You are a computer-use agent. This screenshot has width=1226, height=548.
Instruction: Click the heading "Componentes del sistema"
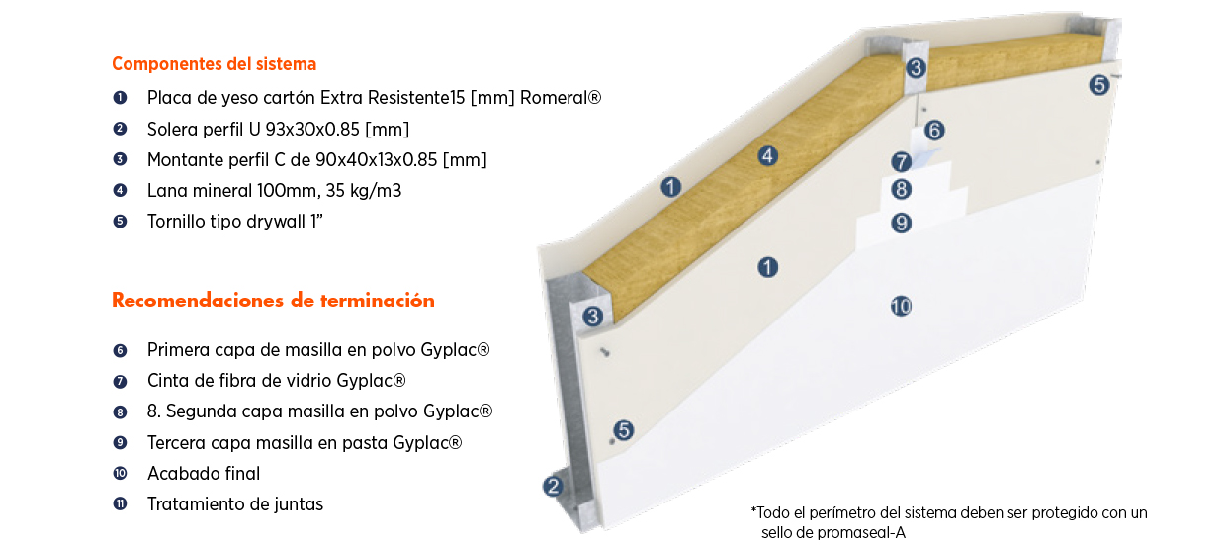click(214, 64)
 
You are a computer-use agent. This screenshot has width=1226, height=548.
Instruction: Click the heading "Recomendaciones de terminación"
click(273, 301)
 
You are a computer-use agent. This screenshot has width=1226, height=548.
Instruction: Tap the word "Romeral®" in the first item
click(561, 98)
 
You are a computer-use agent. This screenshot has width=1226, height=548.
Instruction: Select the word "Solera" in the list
click(174, 129)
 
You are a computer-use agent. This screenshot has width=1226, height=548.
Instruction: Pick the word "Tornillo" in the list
click(178, 222)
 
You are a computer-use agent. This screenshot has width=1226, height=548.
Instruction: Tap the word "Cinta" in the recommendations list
click(167, 381)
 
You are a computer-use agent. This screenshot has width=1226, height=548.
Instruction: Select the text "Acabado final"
click(204, 474)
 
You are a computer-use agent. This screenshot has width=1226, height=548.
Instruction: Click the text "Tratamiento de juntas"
click(235, 504)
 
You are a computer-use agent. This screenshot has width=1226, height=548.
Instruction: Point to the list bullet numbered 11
click(121, 504)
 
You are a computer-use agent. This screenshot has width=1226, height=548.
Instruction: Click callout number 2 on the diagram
click(553, 486)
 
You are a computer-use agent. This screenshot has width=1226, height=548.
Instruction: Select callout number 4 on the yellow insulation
click(767, 155)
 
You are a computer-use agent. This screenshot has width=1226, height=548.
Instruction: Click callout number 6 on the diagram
click(934, 130)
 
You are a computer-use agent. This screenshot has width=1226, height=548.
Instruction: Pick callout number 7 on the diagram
click(901, 161)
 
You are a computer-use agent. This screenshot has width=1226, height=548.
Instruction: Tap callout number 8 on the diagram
click(901, 189)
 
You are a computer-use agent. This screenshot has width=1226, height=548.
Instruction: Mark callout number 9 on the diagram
click(901, 223)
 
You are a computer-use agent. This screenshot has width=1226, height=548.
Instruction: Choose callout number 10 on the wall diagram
click(901, 306)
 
